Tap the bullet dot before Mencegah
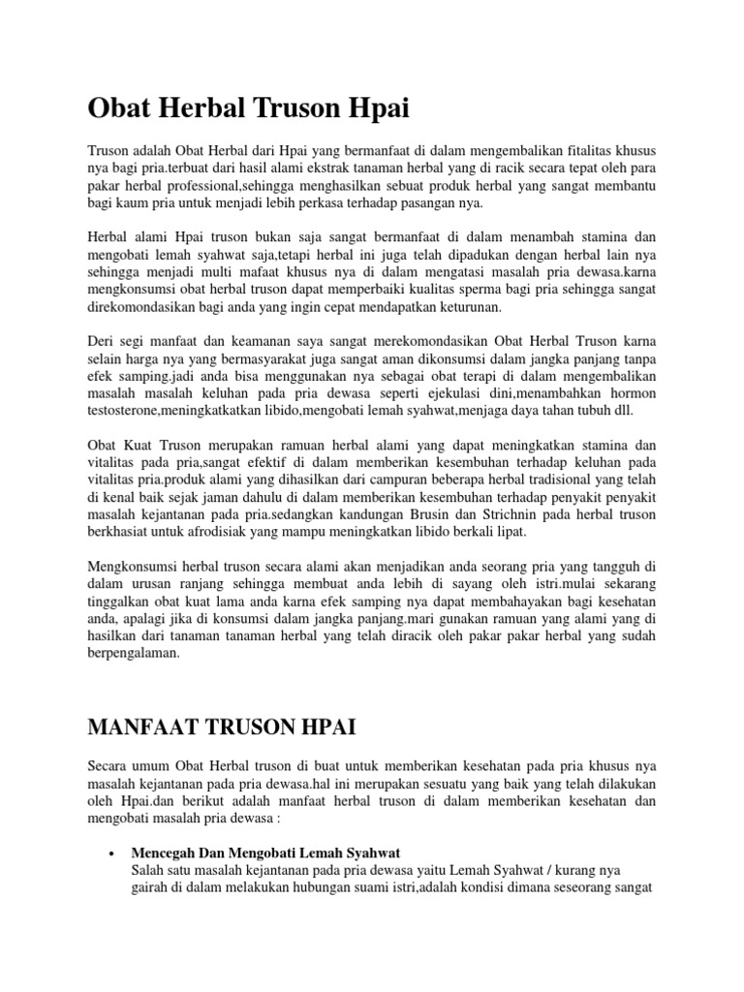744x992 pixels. (115, 828)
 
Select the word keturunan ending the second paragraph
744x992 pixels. (468, 306)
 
